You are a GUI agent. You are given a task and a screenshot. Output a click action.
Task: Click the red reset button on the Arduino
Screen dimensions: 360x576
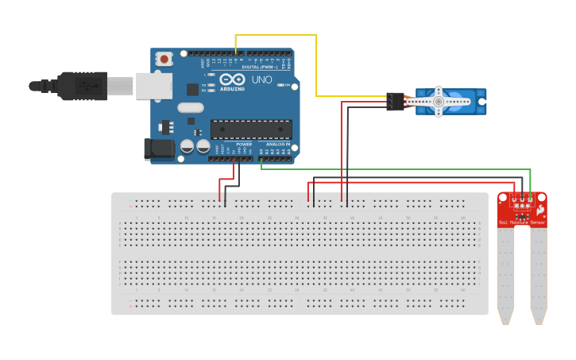click(x=164, y=58)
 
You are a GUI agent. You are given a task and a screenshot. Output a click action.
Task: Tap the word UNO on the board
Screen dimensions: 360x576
click(x=261, y=79)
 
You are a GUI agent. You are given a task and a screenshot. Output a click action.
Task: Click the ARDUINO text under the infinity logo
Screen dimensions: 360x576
click(x=232, y=89)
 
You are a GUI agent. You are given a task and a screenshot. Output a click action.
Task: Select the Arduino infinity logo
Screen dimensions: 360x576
click(x=233, y=79)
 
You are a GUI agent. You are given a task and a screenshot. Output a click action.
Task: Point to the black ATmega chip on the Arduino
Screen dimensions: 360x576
click(x=251, y=129)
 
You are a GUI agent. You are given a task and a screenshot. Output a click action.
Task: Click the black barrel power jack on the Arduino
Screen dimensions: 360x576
click(x=157, y=149)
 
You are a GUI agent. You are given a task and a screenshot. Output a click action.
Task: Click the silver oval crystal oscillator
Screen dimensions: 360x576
click(x=191, y=107)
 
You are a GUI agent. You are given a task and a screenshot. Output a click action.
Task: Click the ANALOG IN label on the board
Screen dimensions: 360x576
click(x=277, y=144)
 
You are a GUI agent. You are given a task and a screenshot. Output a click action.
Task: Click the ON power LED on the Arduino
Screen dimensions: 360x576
click(x=280, y=84)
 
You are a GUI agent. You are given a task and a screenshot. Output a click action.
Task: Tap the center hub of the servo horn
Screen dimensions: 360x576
click(x=438, y=102)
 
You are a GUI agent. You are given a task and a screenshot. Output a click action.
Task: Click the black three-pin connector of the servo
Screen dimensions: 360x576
click(x=395, y=102)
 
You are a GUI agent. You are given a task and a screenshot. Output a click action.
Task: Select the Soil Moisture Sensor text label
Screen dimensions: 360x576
click(x=522, y=223)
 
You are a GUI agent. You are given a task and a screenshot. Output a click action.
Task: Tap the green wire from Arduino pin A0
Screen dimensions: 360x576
click(x=397, y=168)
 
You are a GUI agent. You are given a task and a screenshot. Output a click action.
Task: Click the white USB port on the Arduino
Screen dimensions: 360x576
click(x=153, y=85)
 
